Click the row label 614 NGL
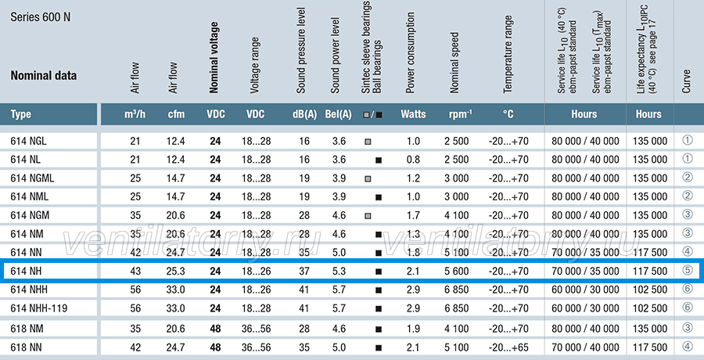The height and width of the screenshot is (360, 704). click(x=28, y=141)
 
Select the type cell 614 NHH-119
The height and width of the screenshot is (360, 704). click(x=39, y=308)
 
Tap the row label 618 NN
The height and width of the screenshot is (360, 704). click(x=26, y=347)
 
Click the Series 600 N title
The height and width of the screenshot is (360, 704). click(x=41, y=17)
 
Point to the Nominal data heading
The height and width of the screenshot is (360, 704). click(x=44, y=75)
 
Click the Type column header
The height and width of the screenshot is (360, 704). click(x=20, y=114)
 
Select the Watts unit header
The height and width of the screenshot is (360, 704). click(x=413, y=114)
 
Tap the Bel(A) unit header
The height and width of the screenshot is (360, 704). click(x=338, y=114)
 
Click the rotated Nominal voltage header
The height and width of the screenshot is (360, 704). click(x=214, y=58)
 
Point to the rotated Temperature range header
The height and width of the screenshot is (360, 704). click(x=508, y=54)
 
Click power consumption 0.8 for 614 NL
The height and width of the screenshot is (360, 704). click(x=413, y=160)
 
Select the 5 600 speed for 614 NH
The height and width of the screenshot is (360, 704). click(x=457, y=271)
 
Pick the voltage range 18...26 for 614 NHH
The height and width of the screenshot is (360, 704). click(x=257, y=290)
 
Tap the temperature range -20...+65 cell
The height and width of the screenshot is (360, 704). click(x=508, y=347)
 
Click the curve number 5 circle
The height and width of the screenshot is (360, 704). click(x=688, y=270)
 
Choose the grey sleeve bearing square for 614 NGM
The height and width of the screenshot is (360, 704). click(x=368, y=216)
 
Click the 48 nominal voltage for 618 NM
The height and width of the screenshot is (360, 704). click(x=215, y=329)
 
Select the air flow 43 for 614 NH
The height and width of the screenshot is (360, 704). click(x=135, y=271)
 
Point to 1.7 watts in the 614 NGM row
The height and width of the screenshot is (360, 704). click(x=413, y=215)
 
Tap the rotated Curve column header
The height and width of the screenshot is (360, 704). click(x=686, y=81)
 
